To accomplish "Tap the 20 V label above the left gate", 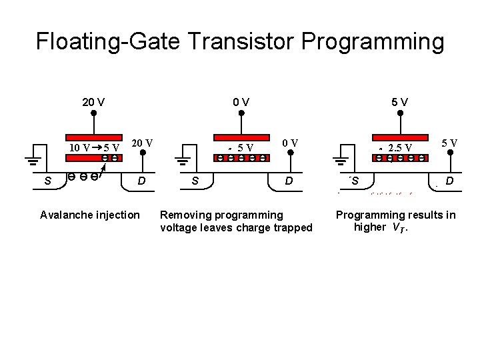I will tap(93, 103).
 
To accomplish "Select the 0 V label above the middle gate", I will tap(241, 103).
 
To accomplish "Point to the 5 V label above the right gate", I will tap(400, 103).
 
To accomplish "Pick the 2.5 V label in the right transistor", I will tap(400, 147).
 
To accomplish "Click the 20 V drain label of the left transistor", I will tap(142, 143).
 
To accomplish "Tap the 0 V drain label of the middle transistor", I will tap(290, 143).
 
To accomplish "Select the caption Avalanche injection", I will tap(90, 215).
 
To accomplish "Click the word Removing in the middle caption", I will tap(183, 215).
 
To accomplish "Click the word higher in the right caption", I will tap(370, 227).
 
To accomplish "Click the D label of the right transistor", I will tap(450, 181).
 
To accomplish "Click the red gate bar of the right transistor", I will tap(400, 134).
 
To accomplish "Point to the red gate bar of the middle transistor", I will tap(241, 134).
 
